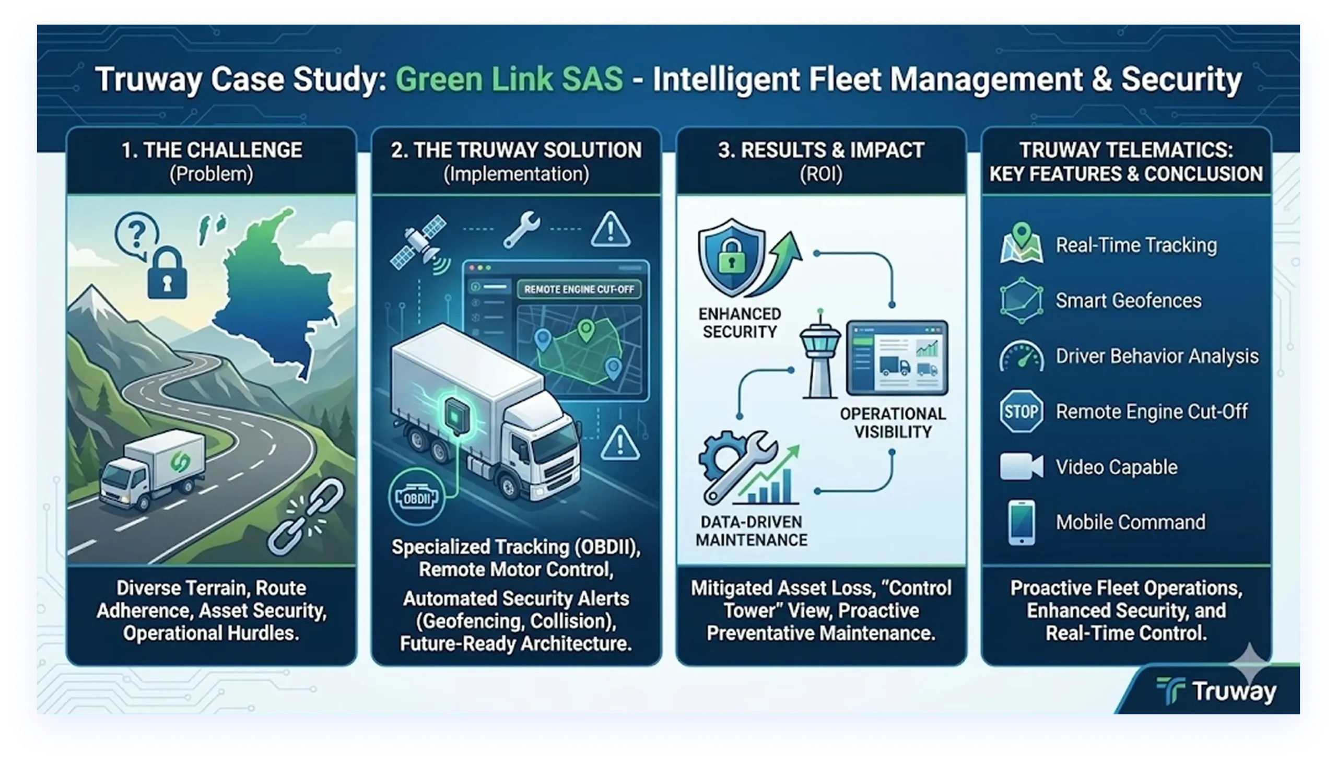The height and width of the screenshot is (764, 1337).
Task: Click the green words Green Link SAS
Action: point(509,80)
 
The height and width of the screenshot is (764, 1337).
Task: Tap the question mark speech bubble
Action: point(136,235)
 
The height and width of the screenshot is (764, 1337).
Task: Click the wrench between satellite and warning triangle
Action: point(521,229)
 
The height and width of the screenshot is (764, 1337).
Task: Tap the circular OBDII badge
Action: point(417,498)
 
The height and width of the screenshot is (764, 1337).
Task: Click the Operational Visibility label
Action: point(893,423)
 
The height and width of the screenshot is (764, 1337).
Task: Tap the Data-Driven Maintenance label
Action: point(752,531)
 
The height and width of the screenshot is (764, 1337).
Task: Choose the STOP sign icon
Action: point(1021,412)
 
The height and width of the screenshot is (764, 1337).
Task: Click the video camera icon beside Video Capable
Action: point(1021,466)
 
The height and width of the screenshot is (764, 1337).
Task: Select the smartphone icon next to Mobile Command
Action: point(1022,523)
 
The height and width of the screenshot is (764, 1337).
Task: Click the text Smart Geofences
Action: point(1128,301)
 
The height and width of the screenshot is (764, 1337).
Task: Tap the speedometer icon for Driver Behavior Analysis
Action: point(1021,357)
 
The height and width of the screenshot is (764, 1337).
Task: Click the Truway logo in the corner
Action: point(1216,690)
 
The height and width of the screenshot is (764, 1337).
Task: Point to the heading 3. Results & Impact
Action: point(820,150)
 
